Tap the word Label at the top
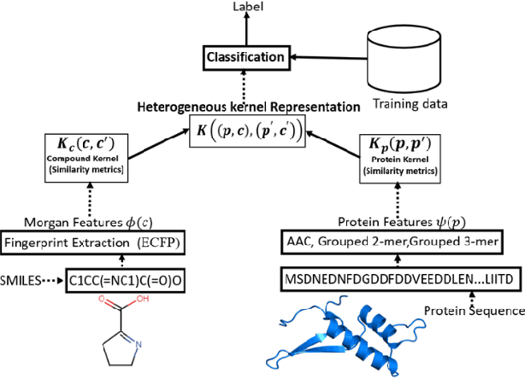tap(247, 7)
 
